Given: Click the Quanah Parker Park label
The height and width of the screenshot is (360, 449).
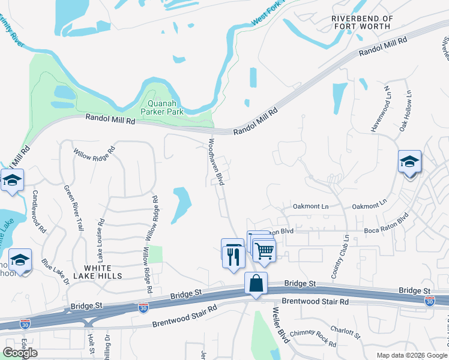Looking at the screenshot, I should [x=161, y=107].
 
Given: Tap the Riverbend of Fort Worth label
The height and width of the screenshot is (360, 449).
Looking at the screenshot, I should [x=363, y=22].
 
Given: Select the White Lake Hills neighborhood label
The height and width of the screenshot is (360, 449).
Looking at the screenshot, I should [x=95, y=271].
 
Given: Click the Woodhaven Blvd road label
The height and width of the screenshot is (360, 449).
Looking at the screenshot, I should [x=215, y=162].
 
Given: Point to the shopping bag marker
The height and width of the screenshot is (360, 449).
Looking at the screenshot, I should [x=256, y=283].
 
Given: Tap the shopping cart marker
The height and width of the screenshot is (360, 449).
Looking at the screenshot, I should [x=264, y=250].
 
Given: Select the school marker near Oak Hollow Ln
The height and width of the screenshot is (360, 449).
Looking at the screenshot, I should [x=409, y=162].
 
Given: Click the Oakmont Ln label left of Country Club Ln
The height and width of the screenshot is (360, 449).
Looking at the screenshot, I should [x=310, y=206].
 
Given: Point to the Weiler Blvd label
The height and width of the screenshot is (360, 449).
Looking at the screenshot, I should [x=281, y=324].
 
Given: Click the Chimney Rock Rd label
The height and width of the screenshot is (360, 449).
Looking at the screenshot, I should [x=313, y=337].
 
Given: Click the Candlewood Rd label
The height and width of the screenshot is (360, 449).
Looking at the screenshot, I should [x=39, y=211].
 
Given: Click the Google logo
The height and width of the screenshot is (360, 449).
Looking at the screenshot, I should [x=20, y=353].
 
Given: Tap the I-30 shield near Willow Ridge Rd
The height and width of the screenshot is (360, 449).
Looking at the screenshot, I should [x=143, y=307].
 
